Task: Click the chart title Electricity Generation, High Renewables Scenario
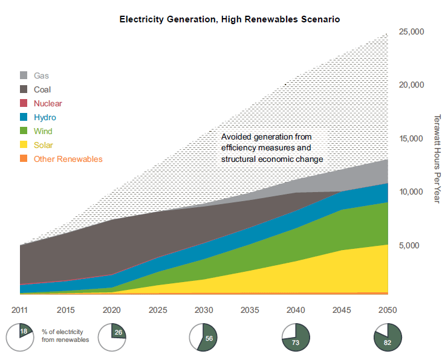(230, 19)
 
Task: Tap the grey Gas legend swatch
(24, 76)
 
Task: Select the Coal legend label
(42, 89)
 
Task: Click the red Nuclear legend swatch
(24, 103)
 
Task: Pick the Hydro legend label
(45, 117)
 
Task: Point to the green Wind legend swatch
(24, 131)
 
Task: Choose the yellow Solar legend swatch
(24, 145)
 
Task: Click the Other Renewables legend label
(68, 159)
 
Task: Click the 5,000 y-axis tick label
(414, 245)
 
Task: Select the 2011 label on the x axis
(20, 310)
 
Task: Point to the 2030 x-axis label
(203, 310)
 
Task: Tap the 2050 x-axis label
(387, 310)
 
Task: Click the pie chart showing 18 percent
(20, 337)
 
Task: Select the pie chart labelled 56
(203, 337)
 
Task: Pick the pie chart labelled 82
(387, 337)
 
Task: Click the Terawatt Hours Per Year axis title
(437, 158)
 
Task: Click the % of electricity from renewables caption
(65, 336)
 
